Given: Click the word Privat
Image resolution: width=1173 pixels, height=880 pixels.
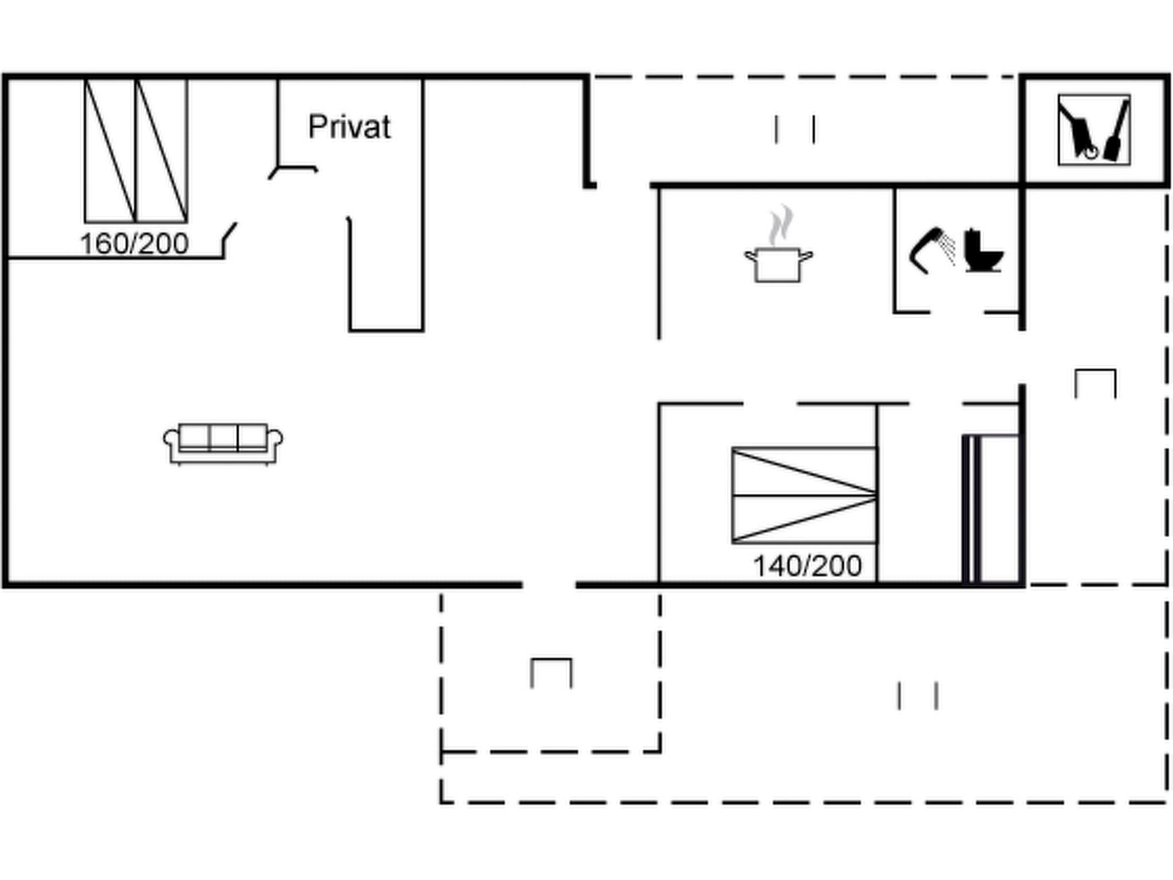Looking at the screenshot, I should [x=349, y=127].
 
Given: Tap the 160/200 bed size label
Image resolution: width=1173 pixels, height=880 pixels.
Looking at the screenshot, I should [x=135, y=244].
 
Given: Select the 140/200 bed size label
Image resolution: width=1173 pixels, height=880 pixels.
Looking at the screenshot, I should [x=807, y=566].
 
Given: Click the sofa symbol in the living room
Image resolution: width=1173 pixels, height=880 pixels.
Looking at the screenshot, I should [x=223, y=443].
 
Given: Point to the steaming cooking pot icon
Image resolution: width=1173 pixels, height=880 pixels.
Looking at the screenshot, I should [x=778, y=263].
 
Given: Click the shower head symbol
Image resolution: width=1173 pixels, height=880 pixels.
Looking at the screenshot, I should [x=931, y=250].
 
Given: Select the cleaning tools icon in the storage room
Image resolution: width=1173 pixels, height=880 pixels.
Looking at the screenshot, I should [x=1094, y=130].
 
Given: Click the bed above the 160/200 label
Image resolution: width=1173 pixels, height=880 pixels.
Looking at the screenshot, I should [x=136, y=151].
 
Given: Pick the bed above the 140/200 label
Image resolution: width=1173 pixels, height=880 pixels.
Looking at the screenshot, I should [x=804, y=496].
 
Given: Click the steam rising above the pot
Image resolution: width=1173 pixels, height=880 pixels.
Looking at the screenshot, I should [x=781, y=225].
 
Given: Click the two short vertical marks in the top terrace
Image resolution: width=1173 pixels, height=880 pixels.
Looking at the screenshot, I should [x=795, y=129].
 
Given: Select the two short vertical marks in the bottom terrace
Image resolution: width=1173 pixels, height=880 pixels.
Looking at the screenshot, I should [x=917, y=696].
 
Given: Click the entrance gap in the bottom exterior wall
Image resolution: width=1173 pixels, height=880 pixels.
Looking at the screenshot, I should [x=549, y=585].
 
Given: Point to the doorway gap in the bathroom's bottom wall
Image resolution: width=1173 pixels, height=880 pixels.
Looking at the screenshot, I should [x=956, y=312].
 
